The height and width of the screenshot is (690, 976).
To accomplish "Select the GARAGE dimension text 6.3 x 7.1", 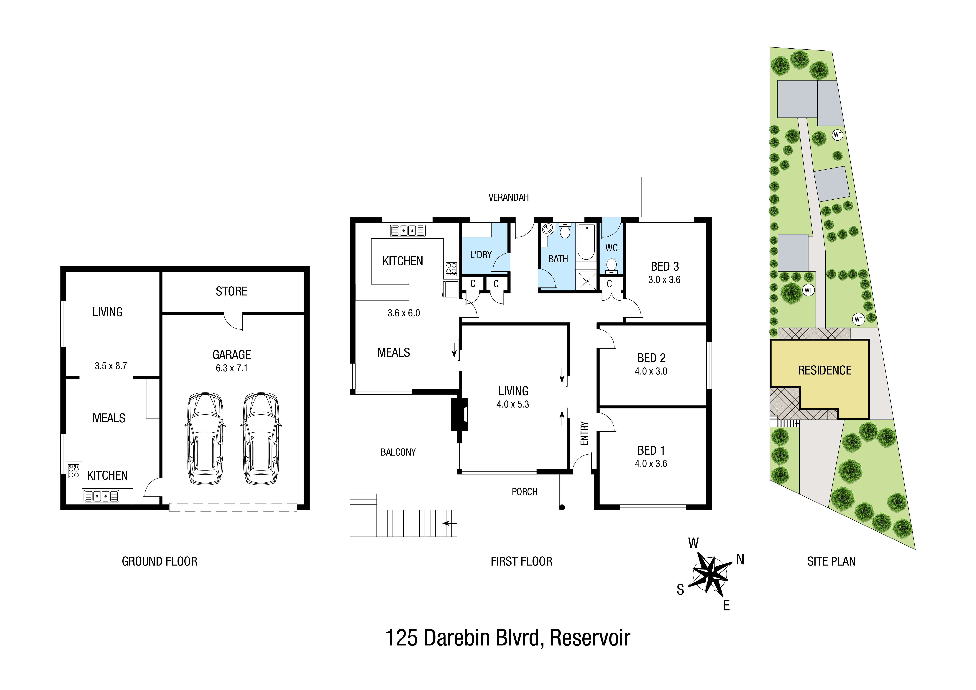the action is tap(232, 368).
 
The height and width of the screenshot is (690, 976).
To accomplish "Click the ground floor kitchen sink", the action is tap(101, 496).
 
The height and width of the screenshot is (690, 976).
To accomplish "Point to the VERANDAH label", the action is tap(508, 197).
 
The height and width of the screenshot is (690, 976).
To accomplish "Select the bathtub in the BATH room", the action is tap(586, 242).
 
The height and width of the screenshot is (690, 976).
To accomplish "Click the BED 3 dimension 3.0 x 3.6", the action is tap(664, 280).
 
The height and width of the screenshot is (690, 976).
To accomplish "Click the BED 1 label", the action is tap(651, 450).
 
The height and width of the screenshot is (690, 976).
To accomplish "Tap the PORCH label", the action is tap(525, 492).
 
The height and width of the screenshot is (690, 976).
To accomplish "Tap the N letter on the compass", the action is tap(740, 559).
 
